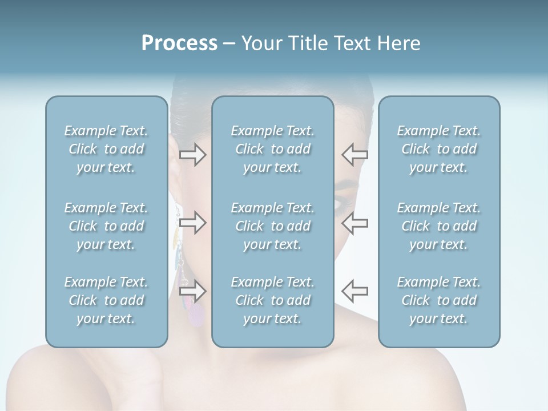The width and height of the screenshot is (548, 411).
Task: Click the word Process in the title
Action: pos(179,43)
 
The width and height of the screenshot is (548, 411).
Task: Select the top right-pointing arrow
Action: pos(192,155)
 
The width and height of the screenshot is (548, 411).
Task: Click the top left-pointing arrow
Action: pos(354,155)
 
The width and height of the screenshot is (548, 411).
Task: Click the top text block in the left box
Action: pos(106,149)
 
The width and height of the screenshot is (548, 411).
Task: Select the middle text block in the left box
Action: pos(106,226)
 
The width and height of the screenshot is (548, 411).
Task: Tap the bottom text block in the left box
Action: pos(106,300)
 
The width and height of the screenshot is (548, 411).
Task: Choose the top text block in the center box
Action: pos(273,149)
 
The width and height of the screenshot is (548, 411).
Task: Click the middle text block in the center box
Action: pos(273,226)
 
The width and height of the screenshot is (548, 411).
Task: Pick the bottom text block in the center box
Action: pos(273,300)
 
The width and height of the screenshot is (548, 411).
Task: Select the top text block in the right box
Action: pos(439,149)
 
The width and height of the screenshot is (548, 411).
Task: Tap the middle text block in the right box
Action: pos(439,226)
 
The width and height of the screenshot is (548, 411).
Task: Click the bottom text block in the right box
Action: pos(439,300)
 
